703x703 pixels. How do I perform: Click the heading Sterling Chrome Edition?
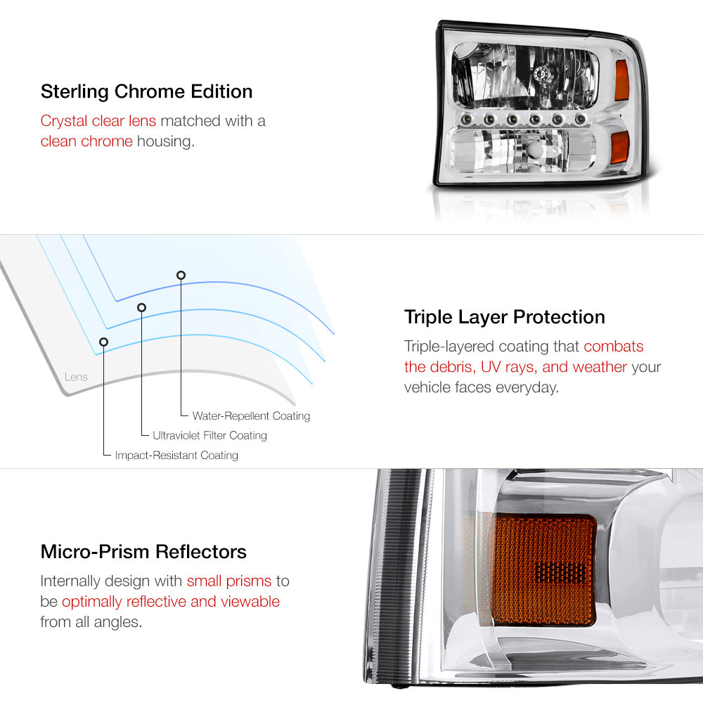point(147,91)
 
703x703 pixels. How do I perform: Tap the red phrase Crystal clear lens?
point(98,121)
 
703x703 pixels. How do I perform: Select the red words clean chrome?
point(86,141)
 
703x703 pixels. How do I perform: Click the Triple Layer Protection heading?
point(504,318)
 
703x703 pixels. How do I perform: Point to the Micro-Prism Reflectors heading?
point(143,551)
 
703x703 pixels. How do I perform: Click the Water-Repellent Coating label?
point(251,415)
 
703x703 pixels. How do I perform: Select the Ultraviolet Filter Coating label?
point(209,435)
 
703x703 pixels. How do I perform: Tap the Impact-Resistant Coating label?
point(176,455)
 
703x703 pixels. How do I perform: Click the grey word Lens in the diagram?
point(76,377)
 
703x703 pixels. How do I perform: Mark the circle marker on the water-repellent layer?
point(181,276)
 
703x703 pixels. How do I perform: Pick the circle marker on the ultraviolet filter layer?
point(142,308)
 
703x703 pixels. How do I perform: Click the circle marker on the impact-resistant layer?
point(103,342)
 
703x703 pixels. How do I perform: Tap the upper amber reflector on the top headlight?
point(622,80)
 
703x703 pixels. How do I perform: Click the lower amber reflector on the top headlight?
point(621,147)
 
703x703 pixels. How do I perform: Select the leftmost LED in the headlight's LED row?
point(466,119)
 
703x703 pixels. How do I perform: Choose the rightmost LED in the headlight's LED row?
point(580,119)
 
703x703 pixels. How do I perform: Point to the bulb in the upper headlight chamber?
point(543,72)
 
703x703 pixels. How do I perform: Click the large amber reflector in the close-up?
point(544,570)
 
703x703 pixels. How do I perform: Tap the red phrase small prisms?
point(229,581)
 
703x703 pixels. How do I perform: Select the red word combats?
point(613,346)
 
